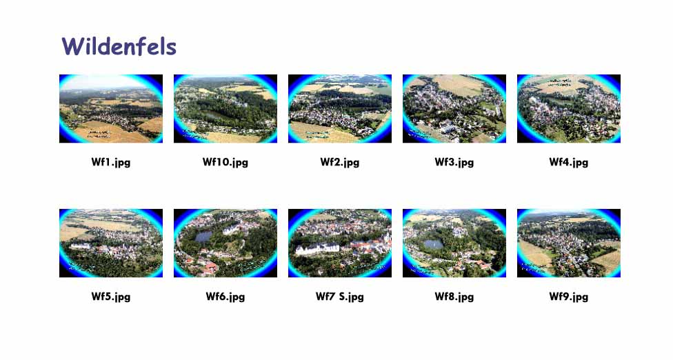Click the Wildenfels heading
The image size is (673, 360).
coord(119,46)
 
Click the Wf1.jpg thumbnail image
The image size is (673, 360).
coord(111,108)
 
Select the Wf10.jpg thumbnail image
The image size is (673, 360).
coord(225,108)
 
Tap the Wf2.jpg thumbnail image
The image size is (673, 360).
coord(340,108)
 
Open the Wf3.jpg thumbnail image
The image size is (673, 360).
coord(454,108)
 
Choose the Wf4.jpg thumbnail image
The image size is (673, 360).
coord(569,108)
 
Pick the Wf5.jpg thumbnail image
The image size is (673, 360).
coord(111,243)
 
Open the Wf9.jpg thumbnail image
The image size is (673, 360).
coord(569,243)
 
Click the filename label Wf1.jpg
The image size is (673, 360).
coord(111,163)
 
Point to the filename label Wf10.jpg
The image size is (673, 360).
coord(225,163)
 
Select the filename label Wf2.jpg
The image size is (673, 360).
coord(340,163)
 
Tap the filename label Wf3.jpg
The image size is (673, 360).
coord(454,163)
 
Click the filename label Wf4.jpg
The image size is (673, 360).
coord(569,163)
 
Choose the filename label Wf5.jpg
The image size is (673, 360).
coord(111,297)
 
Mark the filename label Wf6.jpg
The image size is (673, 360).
coord(225,297)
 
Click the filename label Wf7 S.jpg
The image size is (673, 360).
coord(340,297)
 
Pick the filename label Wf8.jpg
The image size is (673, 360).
coord(454,297)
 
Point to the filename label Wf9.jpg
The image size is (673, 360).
coord(569,297)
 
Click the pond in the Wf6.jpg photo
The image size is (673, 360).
coord(203,237)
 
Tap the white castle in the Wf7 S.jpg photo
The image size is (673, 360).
coord(318,248)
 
